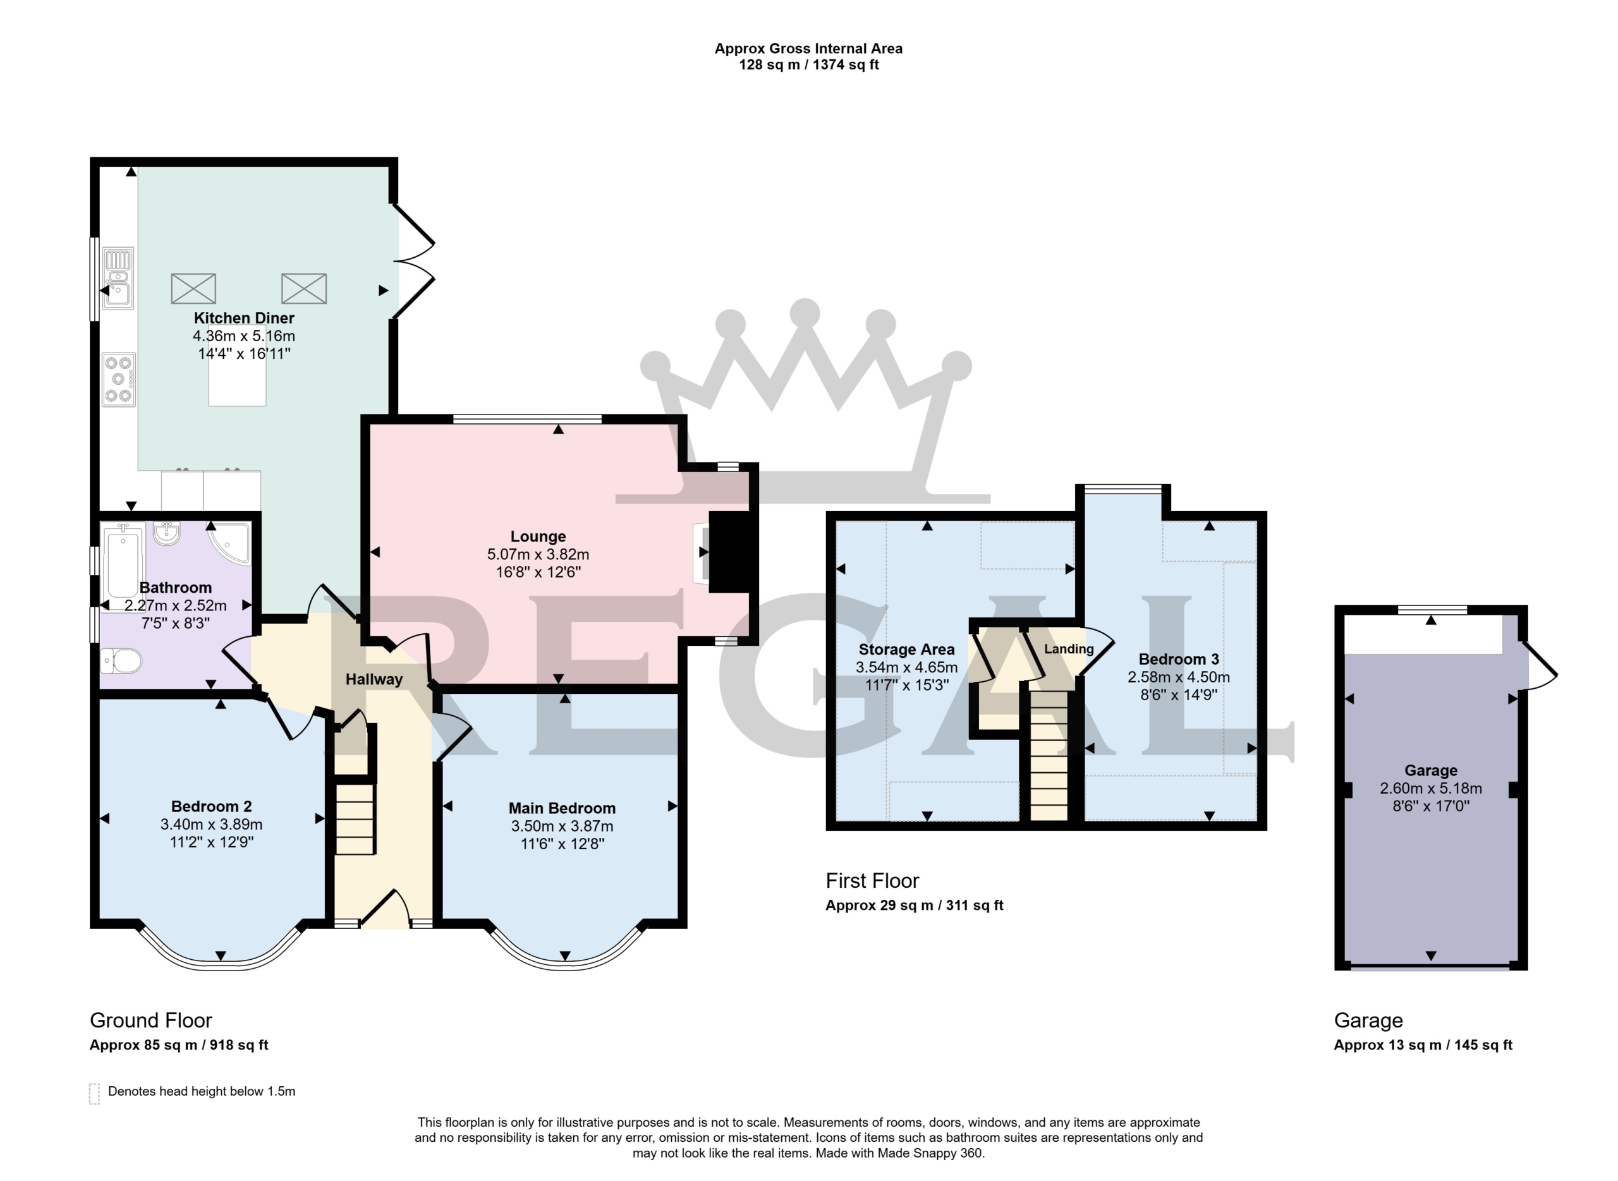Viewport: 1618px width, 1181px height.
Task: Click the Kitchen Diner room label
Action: tap(244, 318)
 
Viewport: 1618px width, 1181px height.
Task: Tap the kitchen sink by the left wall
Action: tap(118, 278)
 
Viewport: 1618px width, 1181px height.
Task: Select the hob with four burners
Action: tap(119, 380)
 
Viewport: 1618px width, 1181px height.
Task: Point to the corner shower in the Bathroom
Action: tap(230, 543)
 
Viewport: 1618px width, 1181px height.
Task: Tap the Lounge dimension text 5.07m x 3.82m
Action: tap(538, 554)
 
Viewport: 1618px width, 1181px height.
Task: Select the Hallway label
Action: tap(374, 679)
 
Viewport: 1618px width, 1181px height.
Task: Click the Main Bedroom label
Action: tap(562, 808)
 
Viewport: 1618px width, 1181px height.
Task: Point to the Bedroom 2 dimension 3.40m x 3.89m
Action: tap(212, 824)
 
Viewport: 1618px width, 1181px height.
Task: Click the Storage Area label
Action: tap(906, 649)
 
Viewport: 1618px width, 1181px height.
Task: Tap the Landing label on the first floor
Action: tap(1069, 648)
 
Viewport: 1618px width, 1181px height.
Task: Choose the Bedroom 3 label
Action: tap(1179, 659)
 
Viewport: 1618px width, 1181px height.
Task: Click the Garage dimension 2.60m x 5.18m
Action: tap(1431, 789)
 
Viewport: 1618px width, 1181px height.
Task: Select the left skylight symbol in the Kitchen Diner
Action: tap(193, 288)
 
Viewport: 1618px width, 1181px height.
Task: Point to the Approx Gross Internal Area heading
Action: tap(808, 49)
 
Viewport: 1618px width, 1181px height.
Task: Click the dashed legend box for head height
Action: tap(94, 1094)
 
